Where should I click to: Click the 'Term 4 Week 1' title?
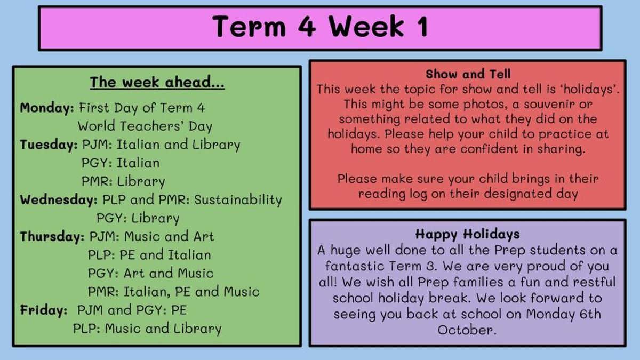coord(320,26)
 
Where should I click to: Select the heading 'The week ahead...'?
coord(157,82)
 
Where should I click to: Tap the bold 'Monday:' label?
coord(47,108)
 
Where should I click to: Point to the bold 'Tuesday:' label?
coord(49,145)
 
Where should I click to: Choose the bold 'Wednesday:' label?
coord(59,199)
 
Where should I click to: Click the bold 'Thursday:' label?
coord(52,237)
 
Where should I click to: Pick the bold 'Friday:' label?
coord(43,310)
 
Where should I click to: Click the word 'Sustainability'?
coord(238,199)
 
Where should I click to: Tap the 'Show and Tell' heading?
coord(468,74)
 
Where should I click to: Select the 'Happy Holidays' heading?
coord(467,234)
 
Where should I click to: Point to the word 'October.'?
coord(467,330)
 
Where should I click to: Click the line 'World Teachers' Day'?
coord(145,126)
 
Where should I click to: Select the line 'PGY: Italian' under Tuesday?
coord(121,163)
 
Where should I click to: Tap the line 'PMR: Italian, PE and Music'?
coord(174,292)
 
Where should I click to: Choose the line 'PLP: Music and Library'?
coord(147,329)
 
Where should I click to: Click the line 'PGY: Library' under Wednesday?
coord(138,218)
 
